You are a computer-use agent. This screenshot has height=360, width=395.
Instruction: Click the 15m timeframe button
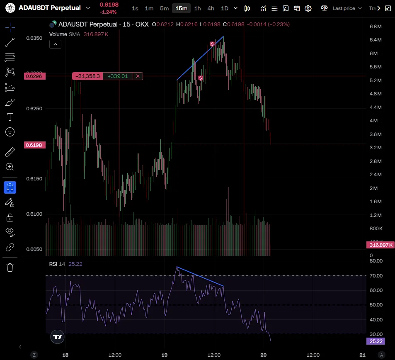[181, 8]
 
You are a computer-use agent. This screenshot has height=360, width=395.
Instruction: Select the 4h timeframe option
[211, 8]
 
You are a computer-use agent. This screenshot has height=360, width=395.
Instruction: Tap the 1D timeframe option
[224, 8]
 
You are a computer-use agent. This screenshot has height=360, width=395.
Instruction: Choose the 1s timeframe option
[135, 8]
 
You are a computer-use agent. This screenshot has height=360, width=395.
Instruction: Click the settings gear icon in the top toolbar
[308, 8]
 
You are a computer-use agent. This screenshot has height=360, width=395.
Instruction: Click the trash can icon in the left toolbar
[10, 268]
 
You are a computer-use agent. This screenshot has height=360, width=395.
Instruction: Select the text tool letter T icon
[10, 117]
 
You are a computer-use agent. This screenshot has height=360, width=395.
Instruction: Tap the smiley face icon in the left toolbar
[10, 132]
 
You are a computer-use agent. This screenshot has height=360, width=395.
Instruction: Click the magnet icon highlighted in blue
[10, 187]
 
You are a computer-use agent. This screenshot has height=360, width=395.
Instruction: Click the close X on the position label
[138, 76]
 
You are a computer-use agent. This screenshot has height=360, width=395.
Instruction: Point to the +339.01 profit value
[118, 76]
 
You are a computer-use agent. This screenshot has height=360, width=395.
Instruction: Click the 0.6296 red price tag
[35, 76]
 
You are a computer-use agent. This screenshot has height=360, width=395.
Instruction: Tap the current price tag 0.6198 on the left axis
[35, 145]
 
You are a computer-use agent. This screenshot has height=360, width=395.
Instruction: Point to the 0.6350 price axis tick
[34, 38]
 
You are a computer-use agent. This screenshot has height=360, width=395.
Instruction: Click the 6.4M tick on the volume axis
[375, 40]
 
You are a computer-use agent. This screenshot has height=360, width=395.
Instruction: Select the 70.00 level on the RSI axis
[376, 276]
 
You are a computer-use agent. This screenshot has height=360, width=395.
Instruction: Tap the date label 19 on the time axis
[164, 355]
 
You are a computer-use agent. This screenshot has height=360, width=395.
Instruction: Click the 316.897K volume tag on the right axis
[379, 245]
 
